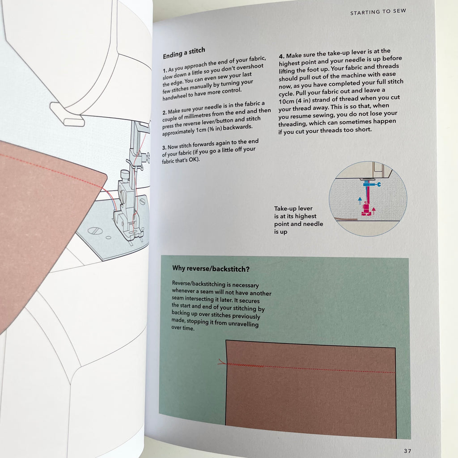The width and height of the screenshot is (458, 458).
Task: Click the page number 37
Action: point(407,451)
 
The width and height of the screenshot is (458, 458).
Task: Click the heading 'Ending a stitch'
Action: point(184,53)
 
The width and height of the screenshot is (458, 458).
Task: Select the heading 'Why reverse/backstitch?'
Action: point(211,268)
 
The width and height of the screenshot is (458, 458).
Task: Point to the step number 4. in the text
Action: point(282,56)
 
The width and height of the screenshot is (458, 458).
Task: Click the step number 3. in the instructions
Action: point(164,148)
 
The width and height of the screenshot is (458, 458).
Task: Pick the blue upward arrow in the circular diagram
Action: point(360,200)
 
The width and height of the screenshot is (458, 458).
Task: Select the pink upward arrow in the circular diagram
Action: point(373,211)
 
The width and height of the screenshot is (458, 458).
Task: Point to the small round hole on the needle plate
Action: point(108,238)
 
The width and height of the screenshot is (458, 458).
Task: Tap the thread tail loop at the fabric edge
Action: point(222,362)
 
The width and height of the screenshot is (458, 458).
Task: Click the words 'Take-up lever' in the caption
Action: point(293,208)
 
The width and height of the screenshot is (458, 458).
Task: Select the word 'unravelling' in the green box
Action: point(243,324)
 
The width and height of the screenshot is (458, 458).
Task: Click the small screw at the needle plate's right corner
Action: point(142,202)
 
